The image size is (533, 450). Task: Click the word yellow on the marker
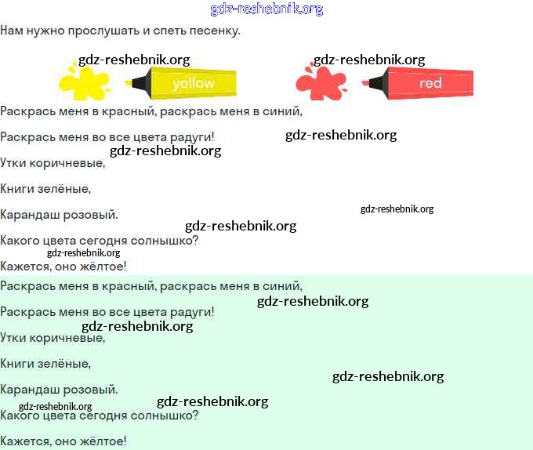coord(193,83)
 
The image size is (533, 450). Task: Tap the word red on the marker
coord(430,83)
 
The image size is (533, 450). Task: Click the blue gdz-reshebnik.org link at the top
coord(266,9)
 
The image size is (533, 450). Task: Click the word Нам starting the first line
coord(11,31)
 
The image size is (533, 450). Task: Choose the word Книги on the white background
coord(17,189)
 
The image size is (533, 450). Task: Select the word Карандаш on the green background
coord(26,389)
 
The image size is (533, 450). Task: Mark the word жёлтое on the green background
coord(104,441)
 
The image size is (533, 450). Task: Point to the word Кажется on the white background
coord(24,267)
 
